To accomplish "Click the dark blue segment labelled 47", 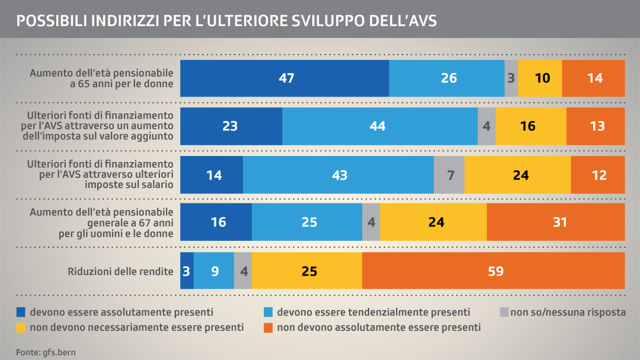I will coord(285,78).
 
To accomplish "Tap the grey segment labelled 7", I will coord(449,175).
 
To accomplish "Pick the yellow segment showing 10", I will coord(540,78).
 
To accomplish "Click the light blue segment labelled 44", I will coord(380,126).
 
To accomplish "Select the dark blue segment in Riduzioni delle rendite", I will coord(187,271).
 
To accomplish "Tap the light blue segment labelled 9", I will coord(214,271).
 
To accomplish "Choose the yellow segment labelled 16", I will coord(531,126).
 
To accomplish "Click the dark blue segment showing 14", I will coord(212,175).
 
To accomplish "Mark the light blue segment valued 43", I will coord(338,175).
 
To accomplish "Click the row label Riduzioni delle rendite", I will coord(120,272).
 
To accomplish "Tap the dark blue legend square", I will coord(21,312).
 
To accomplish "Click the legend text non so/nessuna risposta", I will coord(568,312).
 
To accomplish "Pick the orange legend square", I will coord(268,327).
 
